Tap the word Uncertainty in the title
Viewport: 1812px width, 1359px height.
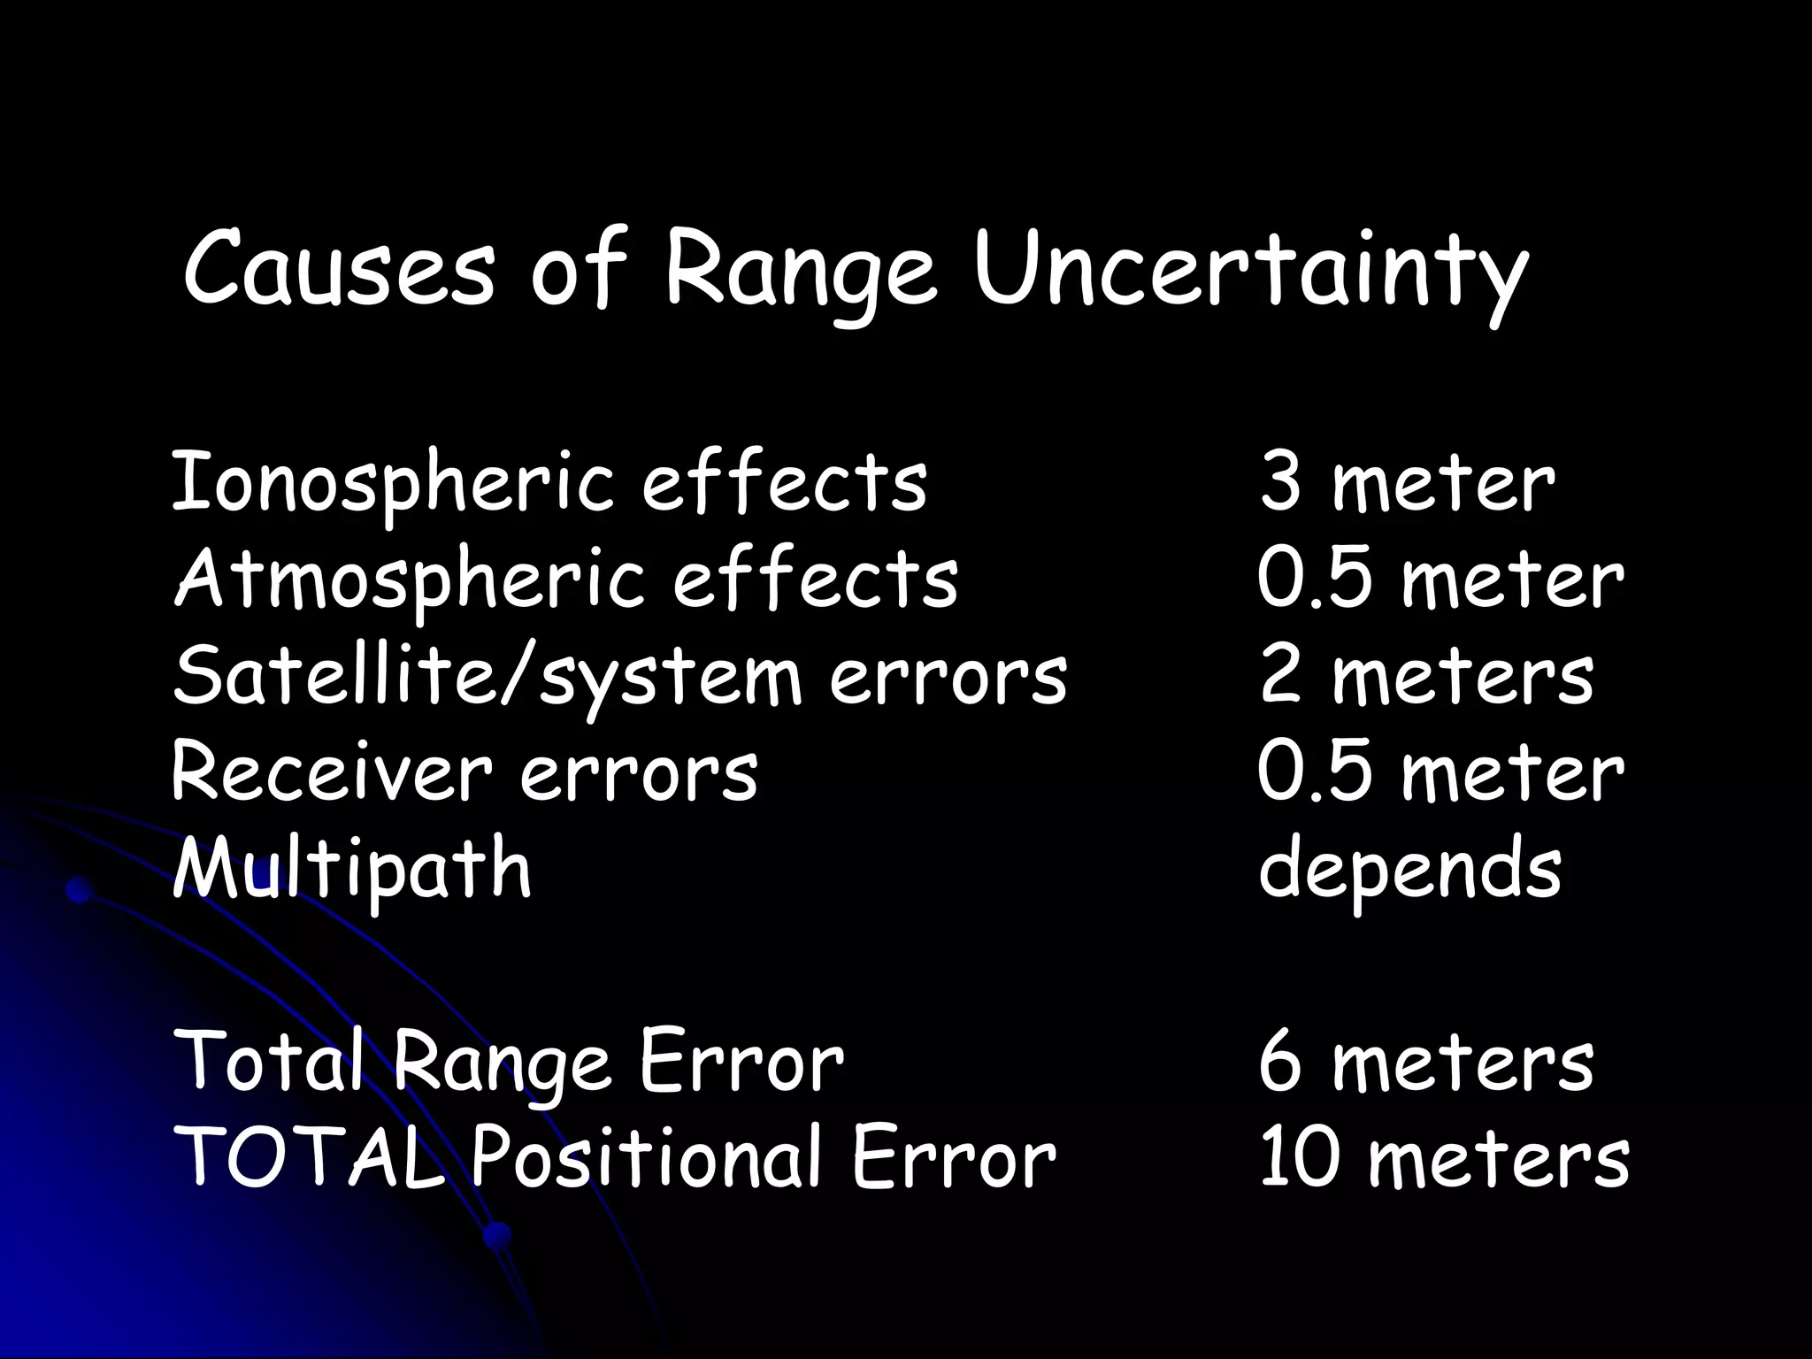tap(1250, 270)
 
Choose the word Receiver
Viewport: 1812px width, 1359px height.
tap(330, 772)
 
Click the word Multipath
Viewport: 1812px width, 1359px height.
tap(352, 869)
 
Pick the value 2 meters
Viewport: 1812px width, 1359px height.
tap(1426, 677)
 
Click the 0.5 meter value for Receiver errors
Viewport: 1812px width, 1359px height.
tap(1440, 772)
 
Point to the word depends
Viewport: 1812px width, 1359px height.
tap(1409, 870)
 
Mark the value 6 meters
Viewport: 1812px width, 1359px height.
tap(1426, 1062)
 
